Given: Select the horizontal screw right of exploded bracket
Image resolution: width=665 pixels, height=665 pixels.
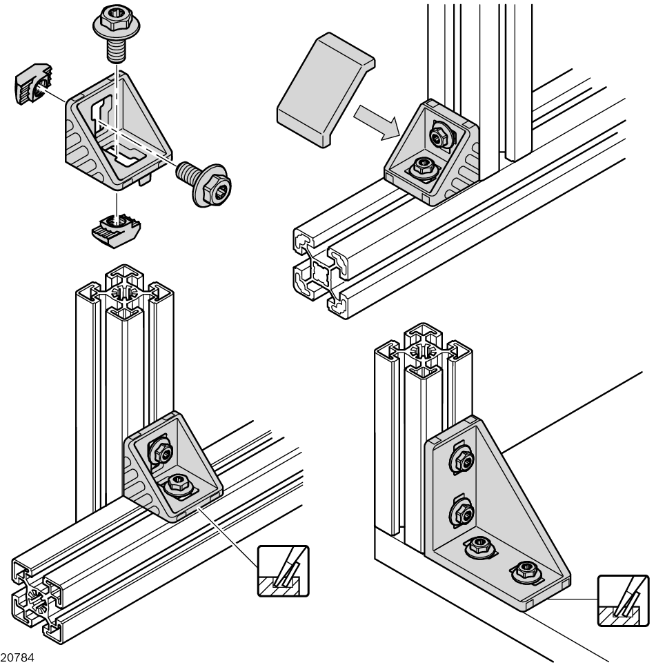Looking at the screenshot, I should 205,182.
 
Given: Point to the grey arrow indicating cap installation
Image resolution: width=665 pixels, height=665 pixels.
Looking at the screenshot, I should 376,119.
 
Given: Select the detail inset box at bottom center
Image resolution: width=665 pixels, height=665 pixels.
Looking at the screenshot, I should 283,571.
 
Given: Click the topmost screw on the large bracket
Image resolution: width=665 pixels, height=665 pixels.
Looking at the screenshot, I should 461,460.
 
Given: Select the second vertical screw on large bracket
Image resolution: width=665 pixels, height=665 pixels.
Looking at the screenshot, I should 462,513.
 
